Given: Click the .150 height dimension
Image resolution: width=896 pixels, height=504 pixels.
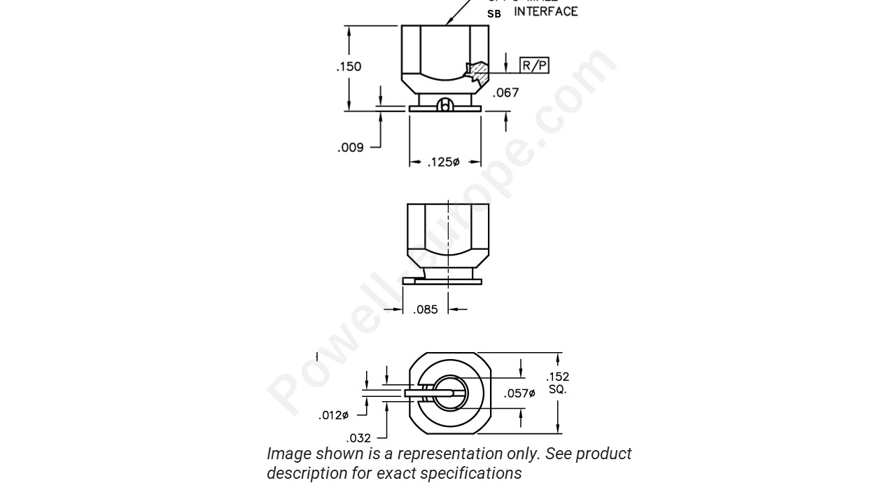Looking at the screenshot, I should tap(349, 67).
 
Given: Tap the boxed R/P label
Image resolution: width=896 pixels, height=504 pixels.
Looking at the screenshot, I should tap(534, 66).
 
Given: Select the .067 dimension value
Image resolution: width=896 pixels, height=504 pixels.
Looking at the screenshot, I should tap(505, 92).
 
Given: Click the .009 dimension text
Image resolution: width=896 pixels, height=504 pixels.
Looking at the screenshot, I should tap(350, 148).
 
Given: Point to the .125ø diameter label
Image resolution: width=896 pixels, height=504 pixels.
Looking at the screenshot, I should tap(443, 162).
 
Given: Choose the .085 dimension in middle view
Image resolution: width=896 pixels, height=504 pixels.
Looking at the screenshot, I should tap(425, 309).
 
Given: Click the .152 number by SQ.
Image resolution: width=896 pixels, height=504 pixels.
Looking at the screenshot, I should tap(558, 377).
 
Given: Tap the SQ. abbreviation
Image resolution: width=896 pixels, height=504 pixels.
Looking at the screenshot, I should tap(558, 389).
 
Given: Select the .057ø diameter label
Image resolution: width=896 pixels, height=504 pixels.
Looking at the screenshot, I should tap(519, 394).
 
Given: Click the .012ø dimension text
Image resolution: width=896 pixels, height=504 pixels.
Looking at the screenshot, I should tap(333, 415).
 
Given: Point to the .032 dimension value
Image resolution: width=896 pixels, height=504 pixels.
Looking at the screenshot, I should tap(358, 438).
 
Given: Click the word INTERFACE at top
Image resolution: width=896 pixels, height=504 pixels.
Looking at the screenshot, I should tap(546, 12).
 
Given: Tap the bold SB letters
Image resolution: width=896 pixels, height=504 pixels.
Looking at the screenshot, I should tap(494, 13).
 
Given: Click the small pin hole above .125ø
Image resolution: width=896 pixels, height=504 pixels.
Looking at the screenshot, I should tap(444, 106).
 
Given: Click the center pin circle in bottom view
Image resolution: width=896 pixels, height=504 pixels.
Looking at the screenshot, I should tap(449, 393).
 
